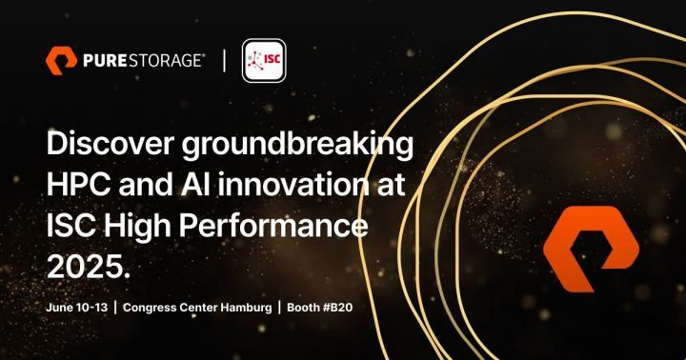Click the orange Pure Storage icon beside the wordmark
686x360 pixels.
61,60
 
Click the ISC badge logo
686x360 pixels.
264,61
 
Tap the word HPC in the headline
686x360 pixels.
80,187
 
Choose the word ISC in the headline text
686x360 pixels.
74,228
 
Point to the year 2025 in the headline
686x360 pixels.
86,269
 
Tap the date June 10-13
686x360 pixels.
75,308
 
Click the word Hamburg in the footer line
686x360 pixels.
245,308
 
